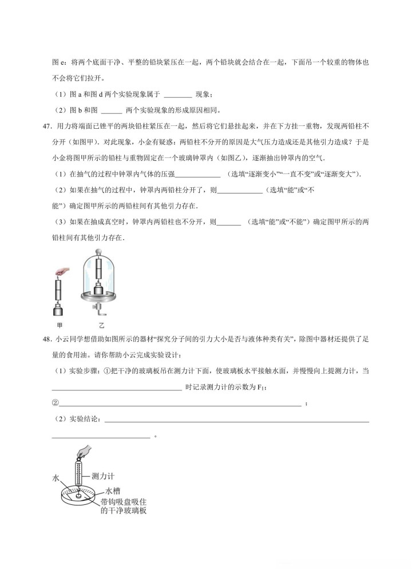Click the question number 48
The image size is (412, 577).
pyautogui.click(x=47, y=340)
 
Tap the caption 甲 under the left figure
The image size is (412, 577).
pyautogui.click(x=60, y=323)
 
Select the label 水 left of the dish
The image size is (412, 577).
pyautogui.click(x=56, y=477)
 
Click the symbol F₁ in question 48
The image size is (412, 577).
pyautogui.click(x=261, y=388)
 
